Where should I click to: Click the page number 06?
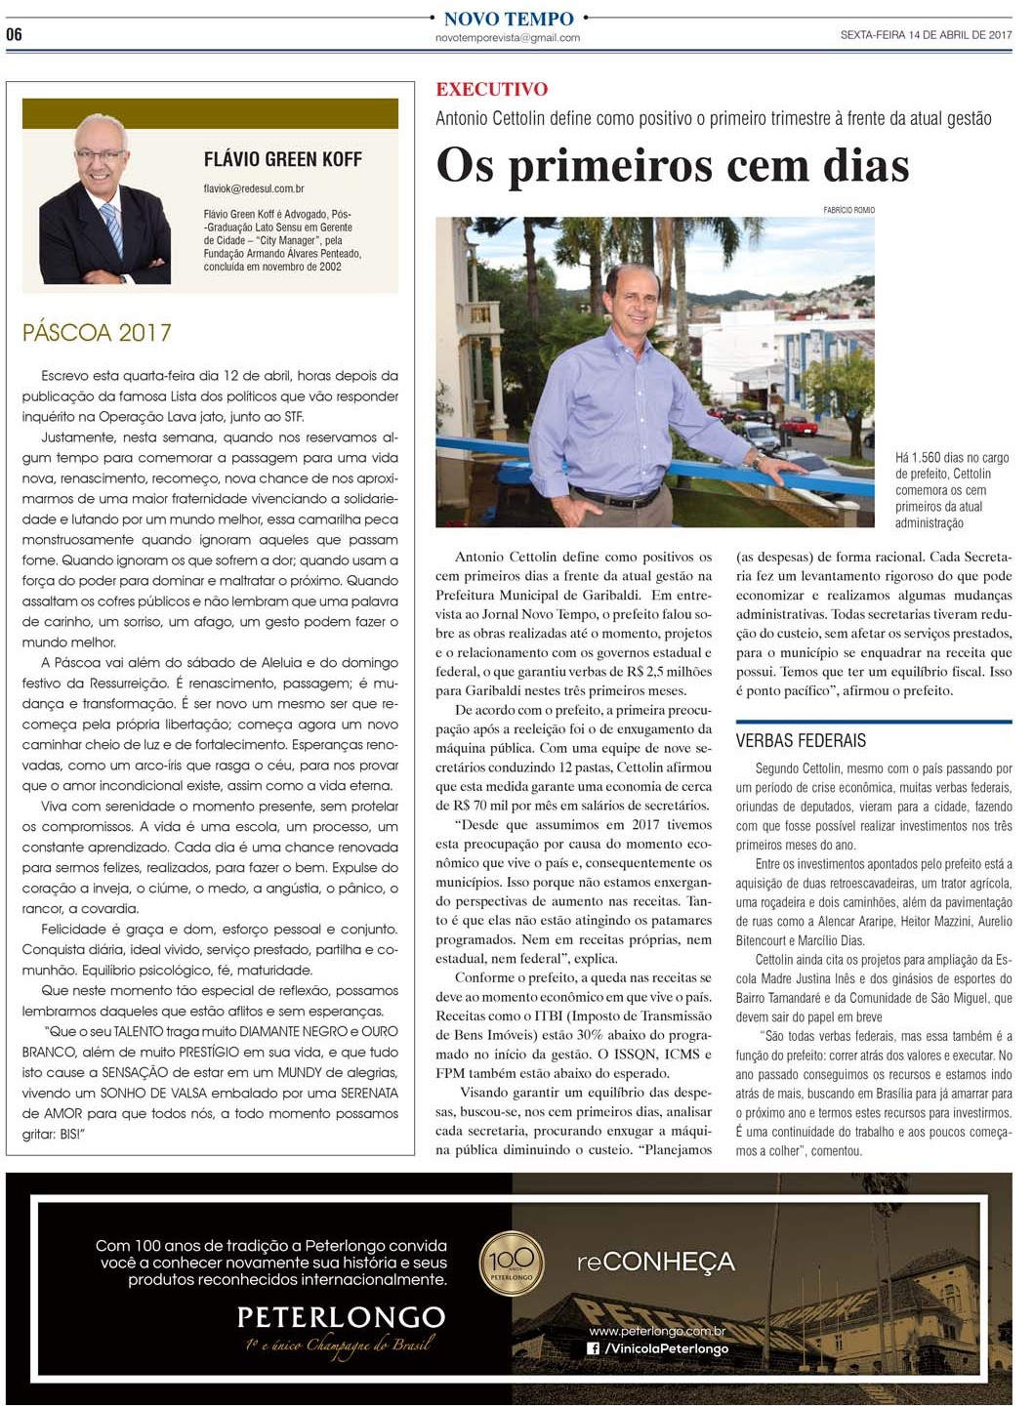(x=14, y=34)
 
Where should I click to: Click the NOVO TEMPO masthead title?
(x=508, y=19)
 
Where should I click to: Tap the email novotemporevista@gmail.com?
(x=508, y=38)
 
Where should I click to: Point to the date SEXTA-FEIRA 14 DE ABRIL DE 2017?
(x=925, y=35)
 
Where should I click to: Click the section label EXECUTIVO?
(x=491, y=90)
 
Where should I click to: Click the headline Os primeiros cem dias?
(x=672, y=165)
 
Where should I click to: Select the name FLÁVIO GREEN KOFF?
(x=282, y=159)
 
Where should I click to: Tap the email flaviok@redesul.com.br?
(x=254, y=188)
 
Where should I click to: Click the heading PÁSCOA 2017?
(x=97, y=333)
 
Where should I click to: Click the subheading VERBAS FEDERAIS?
(x=801, y=740)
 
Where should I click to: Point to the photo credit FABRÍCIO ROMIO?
(x=848, y=210)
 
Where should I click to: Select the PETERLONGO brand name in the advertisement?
(x=341, y=1317)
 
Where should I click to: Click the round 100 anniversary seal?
(x=512, y=1264)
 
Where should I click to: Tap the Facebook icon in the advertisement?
(x=593, y=1348)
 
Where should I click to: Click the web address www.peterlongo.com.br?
(x=656, y=1331)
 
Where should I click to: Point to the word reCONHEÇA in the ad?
(x=655, y=1262)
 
